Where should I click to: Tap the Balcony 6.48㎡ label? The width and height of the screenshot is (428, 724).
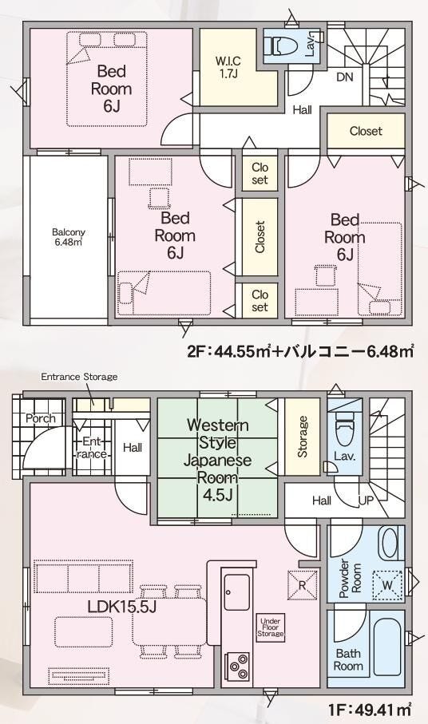(69, 237)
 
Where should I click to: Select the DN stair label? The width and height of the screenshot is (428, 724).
(344, 77)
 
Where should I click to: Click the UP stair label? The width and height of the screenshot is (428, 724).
(367, 500)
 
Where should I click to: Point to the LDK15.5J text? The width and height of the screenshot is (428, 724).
(121, 606)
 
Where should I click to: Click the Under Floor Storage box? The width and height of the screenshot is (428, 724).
(271, 627)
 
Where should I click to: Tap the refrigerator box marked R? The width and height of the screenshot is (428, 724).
(302, 585)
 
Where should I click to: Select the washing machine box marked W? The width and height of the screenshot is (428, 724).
(387, 585)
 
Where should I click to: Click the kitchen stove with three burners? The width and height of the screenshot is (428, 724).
(237, 666)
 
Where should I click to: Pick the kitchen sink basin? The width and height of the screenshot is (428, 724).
(237, 591)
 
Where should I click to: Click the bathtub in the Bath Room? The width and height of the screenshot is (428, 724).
(388, 649)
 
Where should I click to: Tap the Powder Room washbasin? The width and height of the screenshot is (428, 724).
(390, 543)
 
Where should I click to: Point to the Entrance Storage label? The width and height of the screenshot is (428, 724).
(79, 377)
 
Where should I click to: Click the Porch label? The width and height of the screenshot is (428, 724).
(40, 418)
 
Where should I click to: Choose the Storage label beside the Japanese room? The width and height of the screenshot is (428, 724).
(303, 437)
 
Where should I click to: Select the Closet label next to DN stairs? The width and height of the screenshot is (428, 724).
(366, 131)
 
